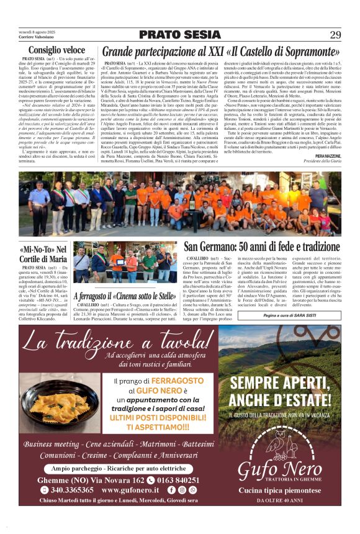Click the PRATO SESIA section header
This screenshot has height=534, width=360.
tap(180, 35)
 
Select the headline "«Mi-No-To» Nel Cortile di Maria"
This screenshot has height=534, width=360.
tap(43, 253)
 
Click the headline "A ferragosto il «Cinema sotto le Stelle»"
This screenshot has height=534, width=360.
tap(124, 296)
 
